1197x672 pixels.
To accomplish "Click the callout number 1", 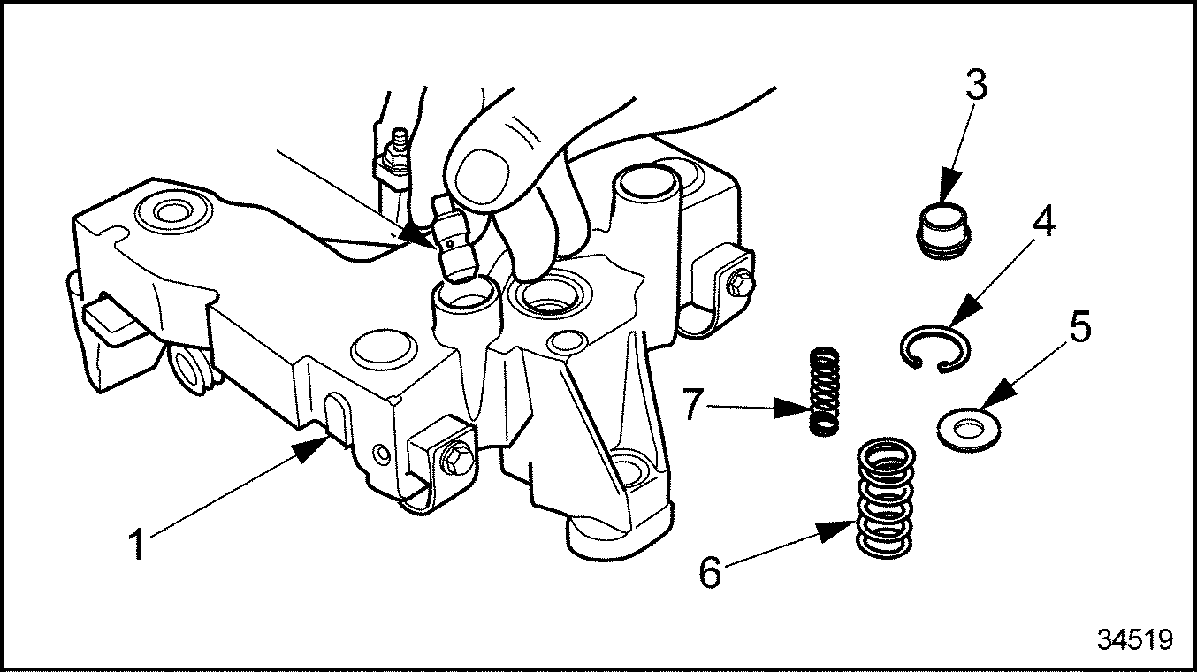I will click(x=138, y=544).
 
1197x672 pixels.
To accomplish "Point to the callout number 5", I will click(x=1079, y=328).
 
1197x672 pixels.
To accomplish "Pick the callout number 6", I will click(x=710, y=572).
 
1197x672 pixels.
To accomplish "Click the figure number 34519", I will click(x=1135, y=639).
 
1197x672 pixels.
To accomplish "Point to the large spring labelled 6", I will click(x=887, y=499).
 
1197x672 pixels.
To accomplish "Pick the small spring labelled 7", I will click(x=824, y=391).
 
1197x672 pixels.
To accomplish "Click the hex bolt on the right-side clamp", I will click(x=739, y=283).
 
